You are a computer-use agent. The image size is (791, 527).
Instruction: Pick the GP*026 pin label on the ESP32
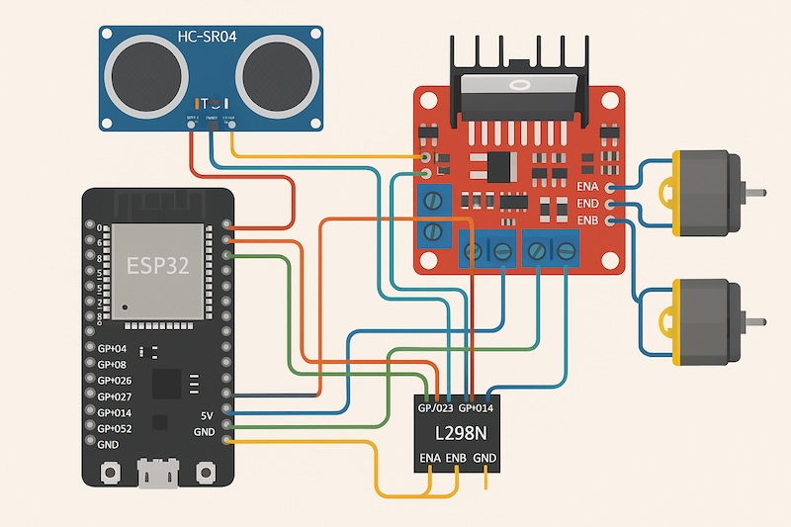coord(115,381)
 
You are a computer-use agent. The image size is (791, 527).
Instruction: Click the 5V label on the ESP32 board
coord(206,415)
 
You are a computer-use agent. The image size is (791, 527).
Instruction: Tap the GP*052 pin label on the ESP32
coord(115,428)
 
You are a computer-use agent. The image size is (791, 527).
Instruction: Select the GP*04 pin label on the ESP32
coord(113,349)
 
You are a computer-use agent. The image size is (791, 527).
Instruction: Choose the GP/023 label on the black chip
coord(435,406)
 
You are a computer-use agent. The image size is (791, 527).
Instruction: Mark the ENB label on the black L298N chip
coord(457,458)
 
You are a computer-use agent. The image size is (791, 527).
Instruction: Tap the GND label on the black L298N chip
coord(484,458)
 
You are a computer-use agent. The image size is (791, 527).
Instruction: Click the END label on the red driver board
coord(587,203)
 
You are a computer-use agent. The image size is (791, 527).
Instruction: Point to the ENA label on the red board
coord(587,186)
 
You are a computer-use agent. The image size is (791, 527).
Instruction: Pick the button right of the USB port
coord(206,472)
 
